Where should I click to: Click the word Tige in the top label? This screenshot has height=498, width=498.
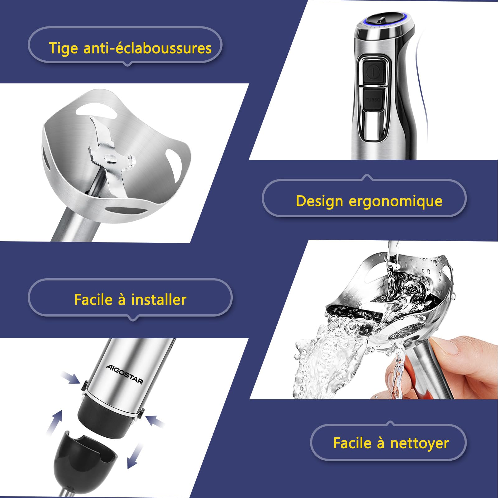click(x=63, y=49)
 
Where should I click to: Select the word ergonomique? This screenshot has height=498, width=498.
click(x=396, y=201)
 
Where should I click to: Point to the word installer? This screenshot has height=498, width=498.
click(x=159, y=300)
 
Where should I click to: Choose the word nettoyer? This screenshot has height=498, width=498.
click(x=420, y=443)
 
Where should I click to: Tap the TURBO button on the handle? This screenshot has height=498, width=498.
click(x=373, y=99)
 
